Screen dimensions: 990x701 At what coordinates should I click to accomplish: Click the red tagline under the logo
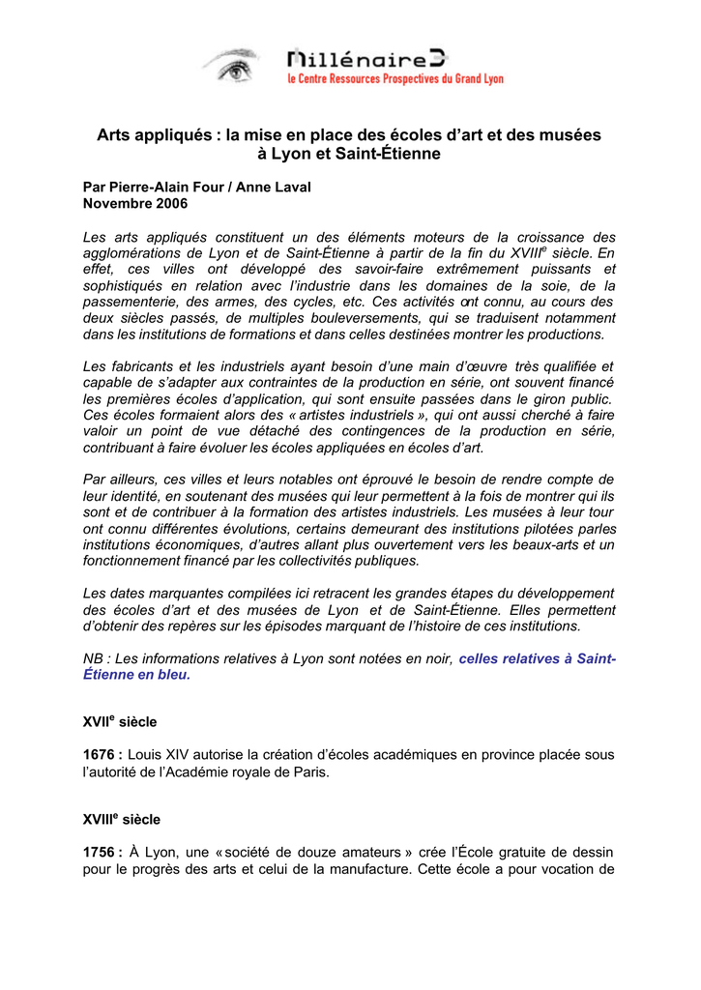[x=394, y=79]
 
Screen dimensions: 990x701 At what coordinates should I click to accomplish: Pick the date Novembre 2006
[x=135, y=204]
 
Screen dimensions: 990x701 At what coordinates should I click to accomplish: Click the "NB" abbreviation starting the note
[x=93, y=659]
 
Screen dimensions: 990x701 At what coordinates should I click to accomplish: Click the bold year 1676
[x=101, y=754]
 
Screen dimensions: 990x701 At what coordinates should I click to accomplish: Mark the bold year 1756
[x=101, y=852]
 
